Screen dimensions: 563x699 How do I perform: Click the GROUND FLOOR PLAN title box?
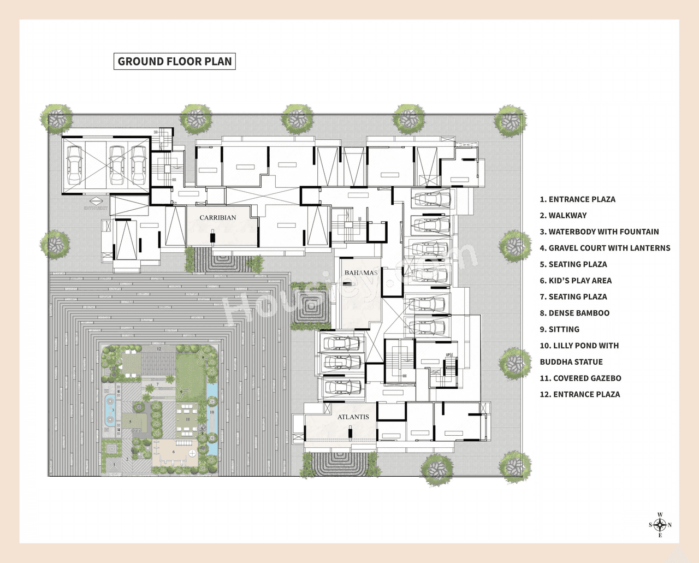175,61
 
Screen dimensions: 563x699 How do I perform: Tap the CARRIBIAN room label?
218,217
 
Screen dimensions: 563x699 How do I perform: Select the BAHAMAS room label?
360,272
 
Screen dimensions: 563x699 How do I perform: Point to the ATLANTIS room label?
353,417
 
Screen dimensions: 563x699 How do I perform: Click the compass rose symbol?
660,525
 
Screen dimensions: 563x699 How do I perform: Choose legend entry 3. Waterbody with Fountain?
599,232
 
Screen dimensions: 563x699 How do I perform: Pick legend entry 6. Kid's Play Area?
576,281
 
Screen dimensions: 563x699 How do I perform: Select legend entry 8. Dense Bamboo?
574,313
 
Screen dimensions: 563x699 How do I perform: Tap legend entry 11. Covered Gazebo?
580,378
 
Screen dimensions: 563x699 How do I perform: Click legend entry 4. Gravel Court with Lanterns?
605,248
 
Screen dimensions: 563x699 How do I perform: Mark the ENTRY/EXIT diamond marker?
96,202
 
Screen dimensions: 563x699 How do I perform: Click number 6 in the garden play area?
174,452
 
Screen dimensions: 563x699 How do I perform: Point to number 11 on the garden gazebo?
187,419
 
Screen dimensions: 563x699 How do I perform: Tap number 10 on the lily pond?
212,412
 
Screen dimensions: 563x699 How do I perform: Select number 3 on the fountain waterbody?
113,410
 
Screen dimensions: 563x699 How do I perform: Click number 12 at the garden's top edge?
159,348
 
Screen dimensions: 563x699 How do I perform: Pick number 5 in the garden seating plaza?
130,422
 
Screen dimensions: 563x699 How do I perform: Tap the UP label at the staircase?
448,355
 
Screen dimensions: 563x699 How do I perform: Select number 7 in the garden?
158,384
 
